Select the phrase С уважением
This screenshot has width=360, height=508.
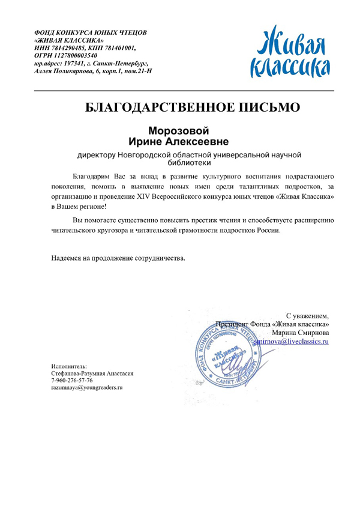(x=307, y=315)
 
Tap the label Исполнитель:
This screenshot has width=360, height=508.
(x=70, y=365)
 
